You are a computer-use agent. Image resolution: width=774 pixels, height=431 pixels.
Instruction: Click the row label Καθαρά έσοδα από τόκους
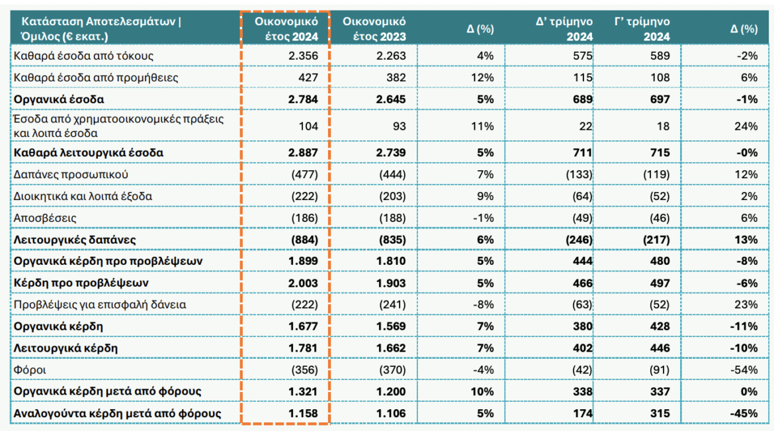83,56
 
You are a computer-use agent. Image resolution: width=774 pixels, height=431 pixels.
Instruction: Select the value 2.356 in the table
304,56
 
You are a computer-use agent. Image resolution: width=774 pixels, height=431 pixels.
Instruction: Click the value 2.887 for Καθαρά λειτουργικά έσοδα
304,152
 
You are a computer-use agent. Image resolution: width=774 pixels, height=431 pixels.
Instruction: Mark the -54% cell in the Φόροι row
746,370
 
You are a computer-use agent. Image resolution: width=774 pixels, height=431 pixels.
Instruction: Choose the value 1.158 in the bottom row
304,414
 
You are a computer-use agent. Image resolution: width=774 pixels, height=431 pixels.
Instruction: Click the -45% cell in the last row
746,414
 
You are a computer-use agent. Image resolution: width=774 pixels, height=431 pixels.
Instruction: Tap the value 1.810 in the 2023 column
391,261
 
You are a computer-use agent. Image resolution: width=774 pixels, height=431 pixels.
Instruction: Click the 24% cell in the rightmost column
747,126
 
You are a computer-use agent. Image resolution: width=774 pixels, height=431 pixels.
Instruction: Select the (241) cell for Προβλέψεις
391,305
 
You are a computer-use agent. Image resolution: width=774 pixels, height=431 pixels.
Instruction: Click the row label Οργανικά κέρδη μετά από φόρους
107,392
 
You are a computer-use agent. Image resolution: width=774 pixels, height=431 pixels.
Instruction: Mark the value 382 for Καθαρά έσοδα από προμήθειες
395,78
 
